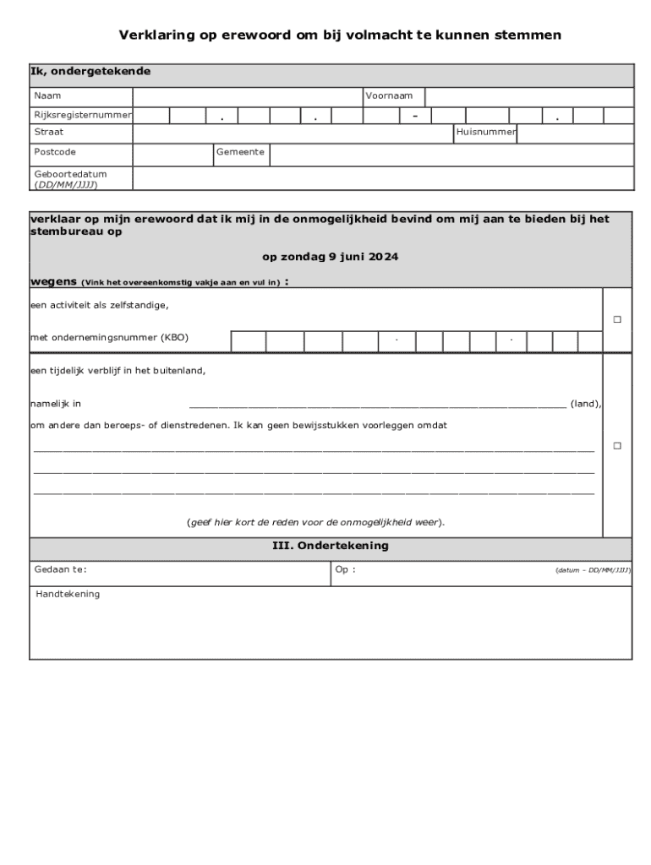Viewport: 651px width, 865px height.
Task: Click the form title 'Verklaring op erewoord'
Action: (339, 35)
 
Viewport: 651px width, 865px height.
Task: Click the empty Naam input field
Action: (248, 96)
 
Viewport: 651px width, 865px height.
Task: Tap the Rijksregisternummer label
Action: (82, 115)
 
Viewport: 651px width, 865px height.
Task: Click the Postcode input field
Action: (172, 154)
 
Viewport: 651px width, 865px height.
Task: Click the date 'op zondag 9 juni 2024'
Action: (330, 257)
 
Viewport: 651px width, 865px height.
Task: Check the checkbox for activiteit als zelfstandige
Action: (617, 320)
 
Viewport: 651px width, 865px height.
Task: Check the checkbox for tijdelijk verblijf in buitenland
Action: (617, 445)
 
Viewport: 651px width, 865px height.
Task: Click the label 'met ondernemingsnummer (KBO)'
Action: (109, 338)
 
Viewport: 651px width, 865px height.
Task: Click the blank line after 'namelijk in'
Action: (377, 405)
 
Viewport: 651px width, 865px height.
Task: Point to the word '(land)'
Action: (585, 405)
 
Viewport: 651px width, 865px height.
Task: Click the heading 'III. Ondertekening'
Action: (330, 546)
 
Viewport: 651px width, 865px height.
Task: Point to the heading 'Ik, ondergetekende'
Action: (90, 72)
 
